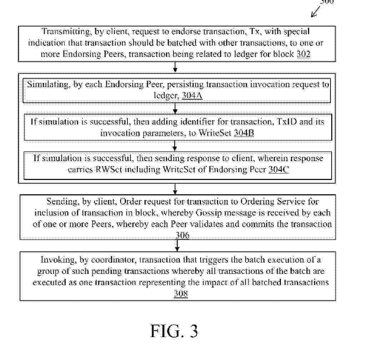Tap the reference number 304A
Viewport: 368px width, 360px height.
tap(192, 95)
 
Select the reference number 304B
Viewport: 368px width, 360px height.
tap(244, 133)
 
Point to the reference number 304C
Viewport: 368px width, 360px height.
tap(278, 170)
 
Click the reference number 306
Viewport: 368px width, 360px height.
tap(182, 235)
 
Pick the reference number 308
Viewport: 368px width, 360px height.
tap(181, 294)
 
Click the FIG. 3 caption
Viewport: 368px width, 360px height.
tap(174, 331)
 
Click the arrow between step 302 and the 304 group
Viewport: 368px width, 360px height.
tap(175, 67)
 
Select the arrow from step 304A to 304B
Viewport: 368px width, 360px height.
tap(175, 108)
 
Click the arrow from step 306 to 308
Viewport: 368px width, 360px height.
tap(177, 245)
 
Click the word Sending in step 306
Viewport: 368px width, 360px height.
tap(62, 202)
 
